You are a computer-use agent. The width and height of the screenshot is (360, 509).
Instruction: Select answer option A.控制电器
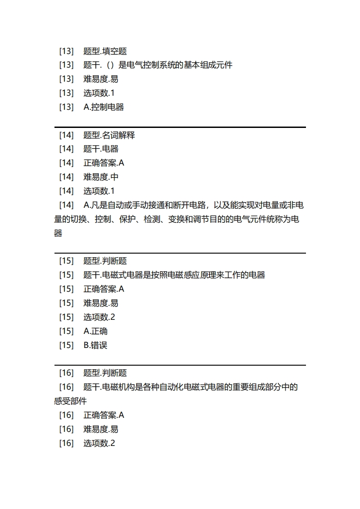click(104, 107)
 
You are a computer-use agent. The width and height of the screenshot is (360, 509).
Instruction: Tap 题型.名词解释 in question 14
click(109, 135)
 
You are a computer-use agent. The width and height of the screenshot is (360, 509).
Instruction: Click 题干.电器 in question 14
click(101, 149)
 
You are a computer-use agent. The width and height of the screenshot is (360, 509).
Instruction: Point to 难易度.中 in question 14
click(101, 177)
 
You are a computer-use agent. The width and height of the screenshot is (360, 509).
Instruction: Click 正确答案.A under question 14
click(104, 163)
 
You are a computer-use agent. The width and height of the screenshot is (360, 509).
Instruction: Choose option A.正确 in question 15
click(95, 331)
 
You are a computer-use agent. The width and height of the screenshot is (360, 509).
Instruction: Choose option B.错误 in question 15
click(95, 345)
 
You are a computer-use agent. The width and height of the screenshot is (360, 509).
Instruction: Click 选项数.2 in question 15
click(99, 317)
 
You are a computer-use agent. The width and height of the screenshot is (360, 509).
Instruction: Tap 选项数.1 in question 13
click(99, 93)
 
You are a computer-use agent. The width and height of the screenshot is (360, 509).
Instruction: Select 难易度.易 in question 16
click(101, 429)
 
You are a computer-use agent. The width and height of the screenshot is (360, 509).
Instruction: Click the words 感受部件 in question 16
click(70, 401)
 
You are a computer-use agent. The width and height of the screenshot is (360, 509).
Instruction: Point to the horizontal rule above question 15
click(180, 253)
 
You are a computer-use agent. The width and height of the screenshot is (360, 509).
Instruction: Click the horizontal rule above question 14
click(180, 127)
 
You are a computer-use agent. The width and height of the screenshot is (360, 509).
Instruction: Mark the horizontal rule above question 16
click(180, 365)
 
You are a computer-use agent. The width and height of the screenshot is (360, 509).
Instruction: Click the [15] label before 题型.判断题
click(66, 261)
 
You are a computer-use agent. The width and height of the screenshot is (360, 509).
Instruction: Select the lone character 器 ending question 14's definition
click(58, 234)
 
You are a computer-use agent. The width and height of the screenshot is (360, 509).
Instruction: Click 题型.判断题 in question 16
click(105, 373)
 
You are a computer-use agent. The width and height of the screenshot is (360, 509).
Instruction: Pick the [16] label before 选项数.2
click(66, 443)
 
